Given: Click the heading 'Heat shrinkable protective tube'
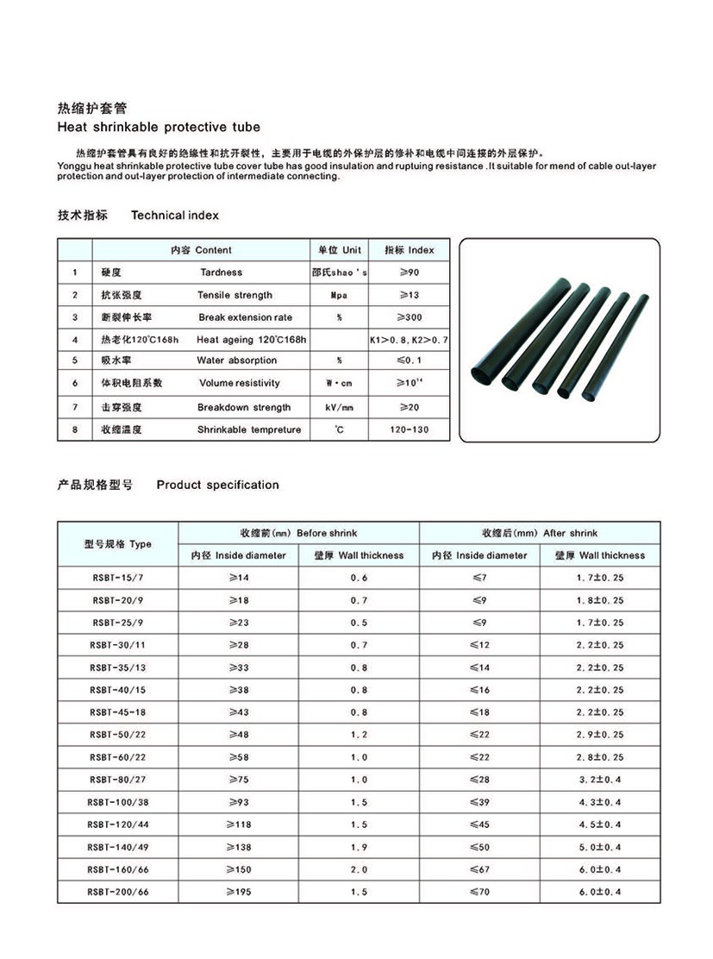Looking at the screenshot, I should [x=158, y=127].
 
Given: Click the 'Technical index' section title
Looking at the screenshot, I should [x=175, y=215].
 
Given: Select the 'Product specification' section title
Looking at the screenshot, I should [x=217, y=485].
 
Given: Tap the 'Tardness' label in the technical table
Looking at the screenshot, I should [x=222, y=273].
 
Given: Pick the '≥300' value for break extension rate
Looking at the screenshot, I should [x=409, y=317].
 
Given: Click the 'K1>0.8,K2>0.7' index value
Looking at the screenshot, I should [x=409, y=340].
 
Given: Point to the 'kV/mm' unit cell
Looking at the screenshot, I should [x=339, y=407].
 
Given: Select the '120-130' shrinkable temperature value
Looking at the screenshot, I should [x=409, y=429].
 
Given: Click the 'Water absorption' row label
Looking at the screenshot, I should [x=237, y=360].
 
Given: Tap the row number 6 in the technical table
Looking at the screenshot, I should [x=75, y=383].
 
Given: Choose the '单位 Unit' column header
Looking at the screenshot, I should [x=339, y=250].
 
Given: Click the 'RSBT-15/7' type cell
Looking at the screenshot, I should [x=118, y=578].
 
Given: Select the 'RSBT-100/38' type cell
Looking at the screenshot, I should [x=118, y=802].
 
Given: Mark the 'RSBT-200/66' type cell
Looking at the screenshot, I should [x=118, y=892].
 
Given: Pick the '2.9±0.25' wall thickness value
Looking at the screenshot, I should [x=600, y=735].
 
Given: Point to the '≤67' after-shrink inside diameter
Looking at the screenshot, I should [x=479, y=869].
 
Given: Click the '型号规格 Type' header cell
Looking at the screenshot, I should [x=118, y=544].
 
